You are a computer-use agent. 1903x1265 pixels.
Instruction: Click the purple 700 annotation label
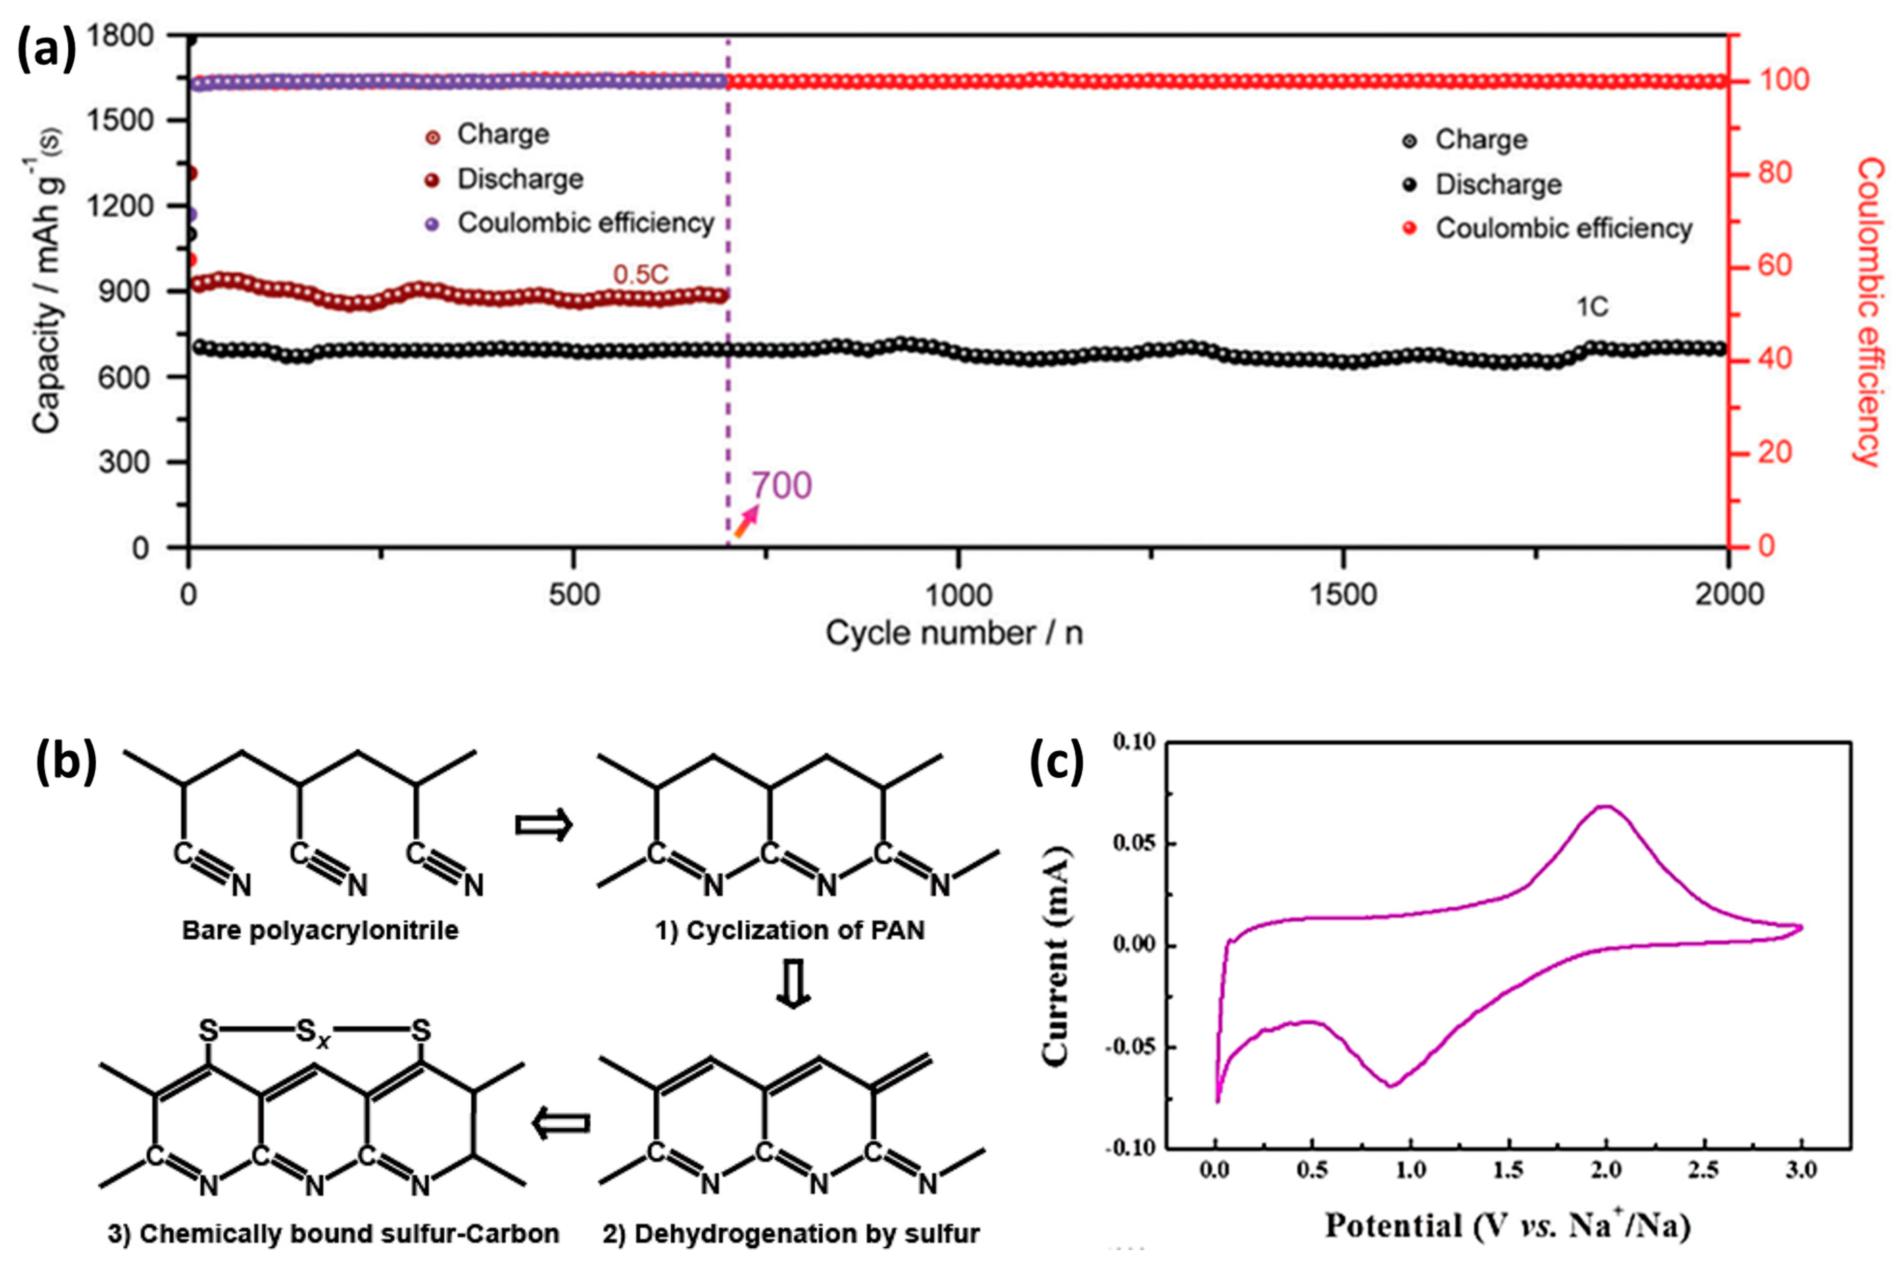pos(781,485)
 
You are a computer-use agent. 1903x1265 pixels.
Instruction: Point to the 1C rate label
pos(1592,308)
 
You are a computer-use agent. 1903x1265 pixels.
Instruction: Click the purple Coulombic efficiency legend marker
pos(433,224)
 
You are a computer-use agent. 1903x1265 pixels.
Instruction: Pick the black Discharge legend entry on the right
pos(1498,185)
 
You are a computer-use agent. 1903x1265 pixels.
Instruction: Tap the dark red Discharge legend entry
pos(520,179)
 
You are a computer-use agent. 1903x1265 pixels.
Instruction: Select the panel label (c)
pos(1057,762)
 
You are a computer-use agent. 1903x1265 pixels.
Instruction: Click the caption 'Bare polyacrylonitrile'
pos(320,930)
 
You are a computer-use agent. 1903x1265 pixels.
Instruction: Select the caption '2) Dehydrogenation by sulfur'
pos(791,1233)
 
